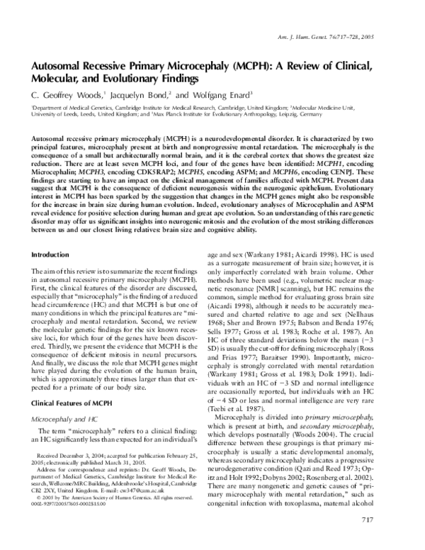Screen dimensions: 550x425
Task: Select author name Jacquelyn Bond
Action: [x=134, y=94]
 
